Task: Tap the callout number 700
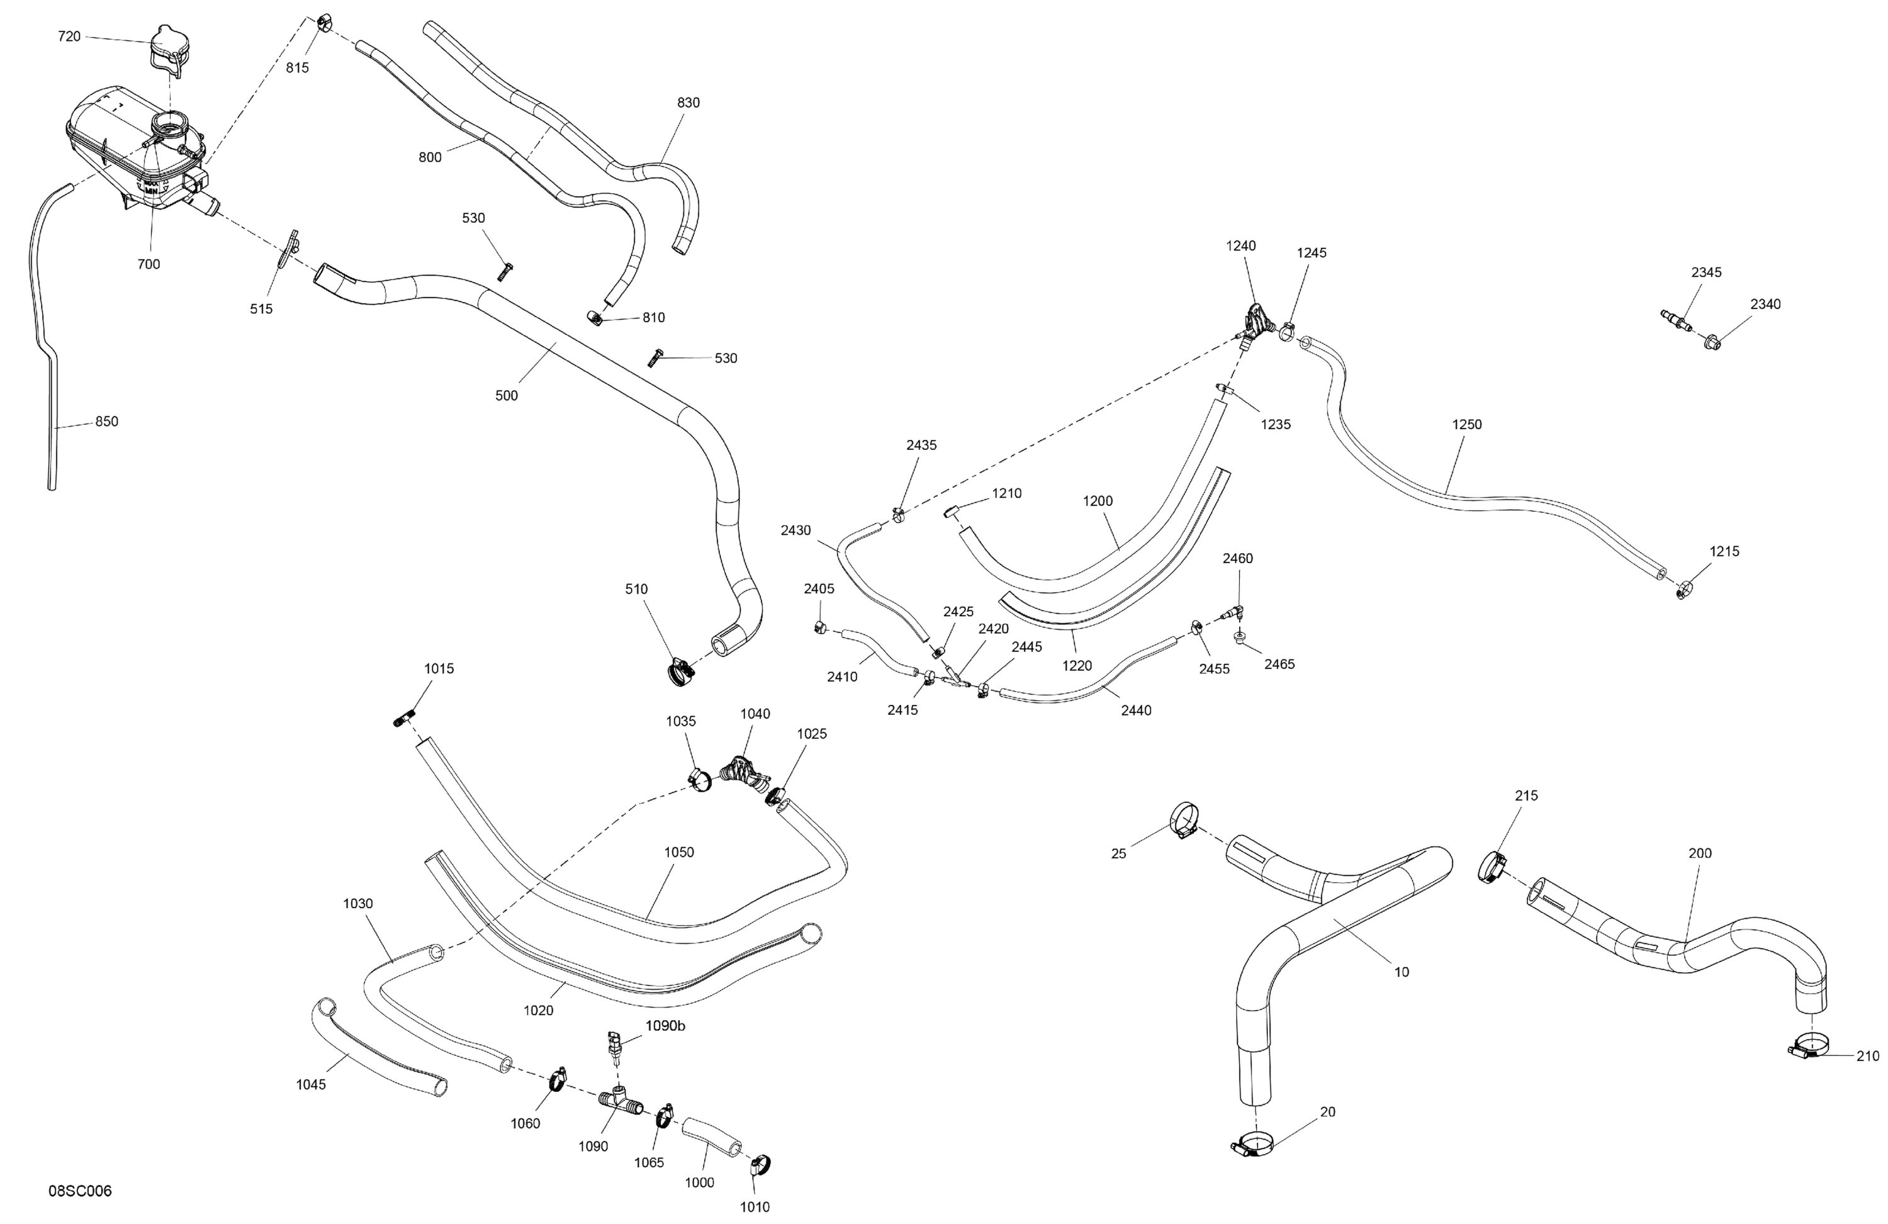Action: coord(149,264)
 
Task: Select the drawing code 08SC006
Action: coord(80,1191)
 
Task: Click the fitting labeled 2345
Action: coord(1675,320)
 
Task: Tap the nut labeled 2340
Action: coord(1712,344)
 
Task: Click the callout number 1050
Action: coord(679,852)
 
